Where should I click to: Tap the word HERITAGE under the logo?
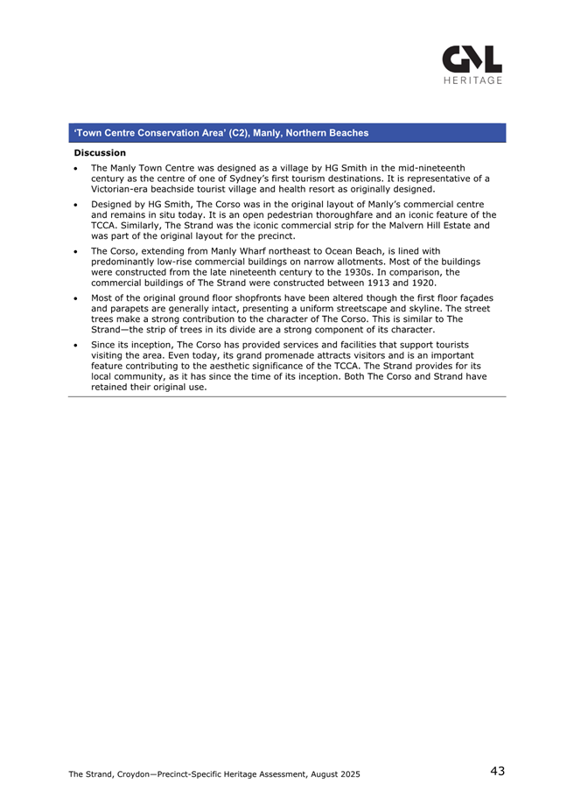click(473, 81)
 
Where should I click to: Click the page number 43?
click(497, 771)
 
